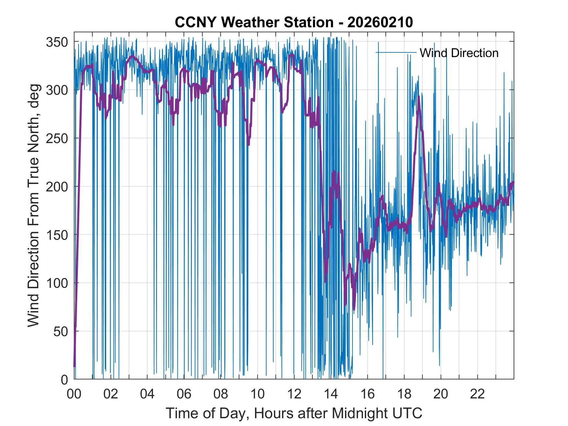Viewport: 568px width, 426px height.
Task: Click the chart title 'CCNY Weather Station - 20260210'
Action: pos(294,23)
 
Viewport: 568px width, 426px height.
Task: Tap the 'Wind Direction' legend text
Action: pos(459,53)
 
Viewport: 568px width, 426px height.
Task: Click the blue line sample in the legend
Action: pos(396,53)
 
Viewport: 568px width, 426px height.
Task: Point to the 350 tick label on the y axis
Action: pos(57,42)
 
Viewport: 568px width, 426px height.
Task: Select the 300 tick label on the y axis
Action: pos(57,90)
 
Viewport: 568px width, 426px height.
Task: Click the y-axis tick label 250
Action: pos(57,138)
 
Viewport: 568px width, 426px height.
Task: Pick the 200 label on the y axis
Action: pos(57,187)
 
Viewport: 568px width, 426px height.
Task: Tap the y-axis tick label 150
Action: pos(57,235)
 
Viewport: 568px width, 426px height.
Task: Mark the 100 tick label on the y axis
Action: pos(57,283)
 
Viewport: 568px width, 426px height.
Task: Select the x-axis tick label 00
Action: pos(74,395)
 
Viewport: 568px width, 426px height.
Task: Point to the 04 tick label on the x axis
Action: pos(147,395)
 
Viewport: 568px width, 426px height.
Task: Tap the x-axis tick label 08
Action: pos(221,395)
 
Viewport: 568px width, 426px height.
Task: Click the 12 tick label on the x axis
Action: pos(294,395)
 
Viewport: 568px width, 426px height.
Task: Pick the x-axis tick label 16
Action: pos(367,395)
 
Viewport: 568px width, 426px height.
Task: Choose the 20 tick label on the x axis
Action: pos(441,395)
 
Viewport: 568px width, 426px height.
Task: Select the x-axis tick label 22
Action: pos(477,395)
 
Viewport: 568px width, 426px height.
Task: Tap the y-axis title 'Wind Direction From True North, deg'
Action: pos(33,206)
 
